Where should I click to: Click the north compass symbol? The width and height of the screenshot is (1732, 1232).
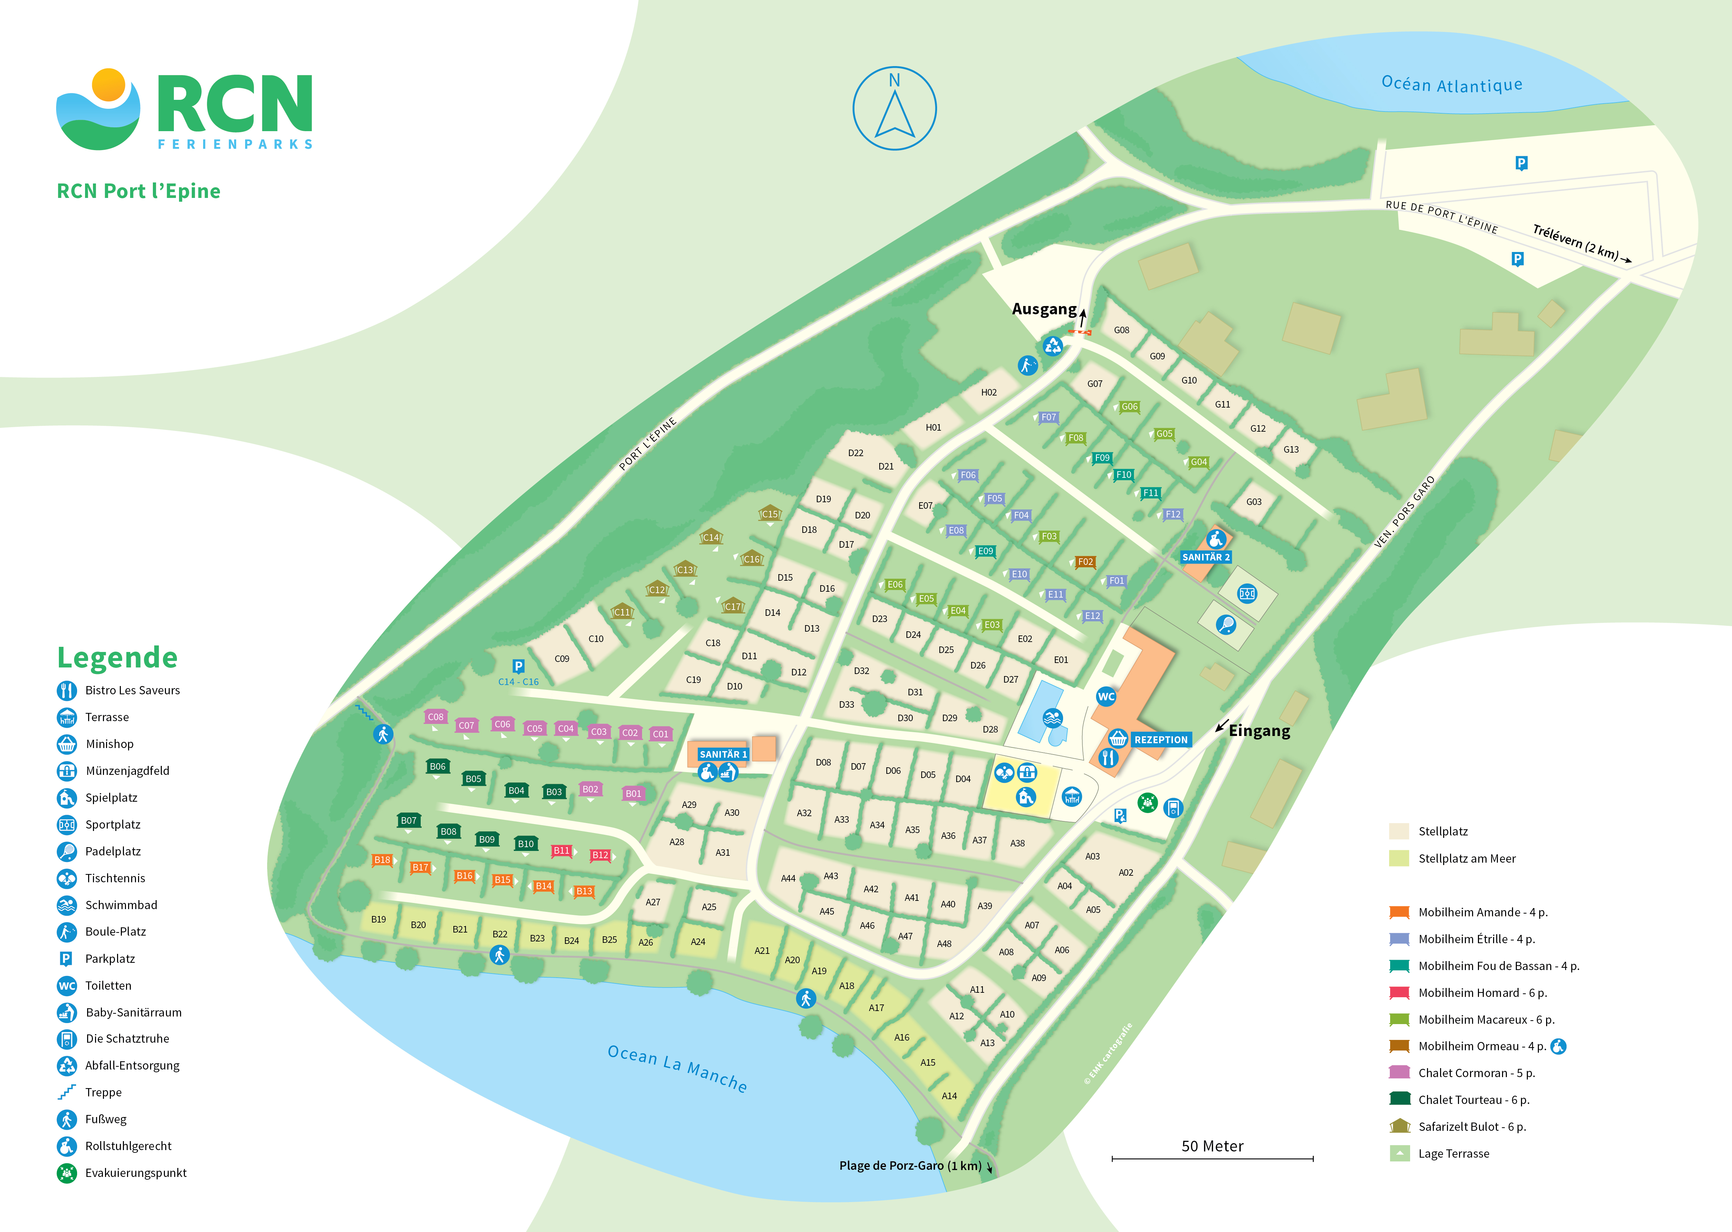(x=894, y=108)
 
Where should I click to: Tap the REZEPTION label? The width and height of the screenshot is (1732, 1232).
(x=1161, y=740)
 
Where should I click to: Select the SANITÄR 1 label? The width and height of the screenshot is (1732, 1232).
(x=723, y=754)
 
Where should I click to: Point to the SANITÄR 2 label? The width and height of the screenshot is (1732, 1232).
(x=1206, y=557)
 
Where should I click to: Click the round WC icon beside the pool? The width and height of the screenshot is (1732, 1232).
(x=1106, y=696)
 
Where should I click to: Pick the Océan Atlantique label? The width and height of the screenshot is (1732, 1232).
(x=1451, y=84)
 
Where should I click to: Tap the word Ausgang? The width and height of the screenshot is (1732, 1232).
(x=1044, y=309)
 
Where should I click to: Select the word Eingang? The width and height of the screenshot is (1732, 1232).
(x=1259, y=730)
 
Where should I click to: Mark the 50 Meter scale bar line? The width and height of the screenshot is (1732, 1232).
(x=1212, y=1158)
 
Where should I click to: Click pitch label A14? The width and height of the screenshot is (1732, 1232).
(x=949, y=1095)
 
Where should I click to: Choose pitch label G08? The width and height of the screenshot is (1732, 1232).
(x=1121, y=330)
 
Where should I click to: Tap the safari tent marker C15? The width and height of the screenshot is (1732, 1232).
(x=770, y=514)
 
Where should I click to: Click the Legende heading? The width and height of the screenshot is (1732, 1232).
(x=118, y=657)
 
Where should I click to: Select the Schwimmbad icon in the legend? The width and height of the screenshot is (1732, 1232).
(x=67, y=905)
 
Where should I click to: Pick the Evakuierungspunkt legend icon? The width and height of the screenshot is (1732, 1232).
(x=67, y=1173)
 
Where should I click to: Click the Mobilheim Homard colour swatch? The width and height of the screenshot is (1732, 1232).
(x=1399, y=992)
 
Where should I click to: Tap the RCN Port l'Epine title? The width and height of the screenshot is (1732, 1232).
(x=139, y=191)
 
